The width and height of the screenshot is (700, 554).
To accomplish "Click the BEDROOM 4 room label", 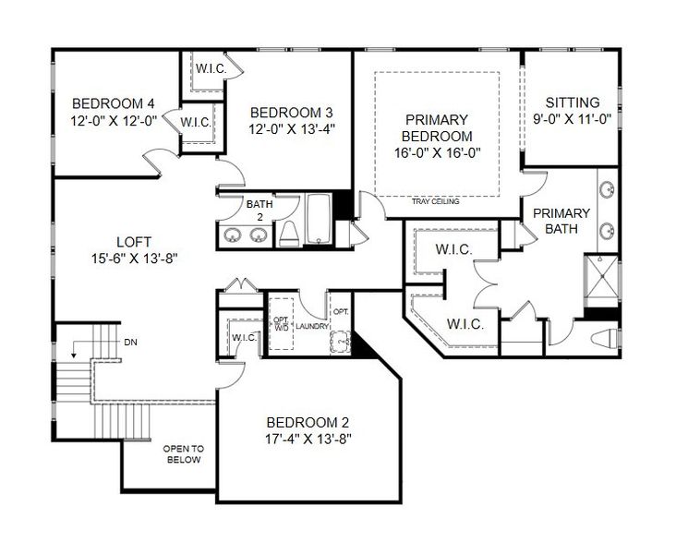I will pos(114,102).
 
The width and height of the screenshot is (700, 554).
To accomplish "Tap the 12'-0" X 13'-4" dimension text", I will pos(291,129).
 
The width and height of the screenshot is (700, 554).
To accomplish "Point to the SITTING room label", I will pos(572,102).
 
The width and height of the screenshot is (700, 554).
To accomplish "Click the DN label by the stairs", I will pos(129,342).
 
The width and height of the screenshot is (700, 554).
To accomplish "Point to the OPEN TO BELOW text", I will pos(182,453).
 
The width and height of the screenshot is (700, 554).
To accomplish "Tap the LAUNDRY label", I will pos(311,324).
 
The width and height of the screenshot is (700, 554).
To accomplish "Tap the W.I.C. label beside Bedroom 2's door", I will pos(244,338).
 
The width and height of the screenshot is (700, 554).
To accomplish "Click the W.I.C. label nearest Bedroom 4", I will pos(195,122).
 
